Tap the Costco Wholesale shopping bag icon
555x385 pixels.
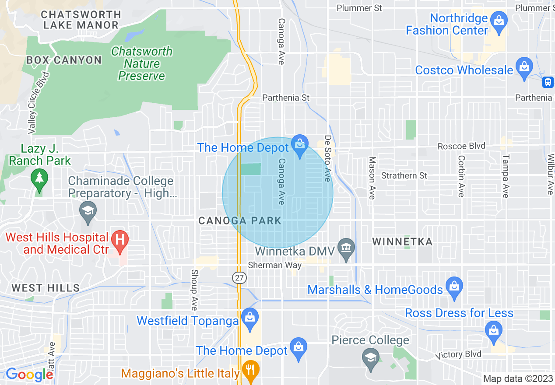(x=524, y=67)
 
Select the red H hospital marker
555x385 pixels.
(x=119, y=240)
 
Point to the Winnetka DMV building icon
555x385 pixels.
(x=346, y=248)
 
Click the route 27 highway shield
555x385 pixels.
(x=239, y=278)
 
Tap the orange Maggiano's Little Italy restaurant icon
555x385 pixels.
(x=250, y=371)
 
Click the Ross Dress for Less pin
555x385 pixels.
(x=494, y=330)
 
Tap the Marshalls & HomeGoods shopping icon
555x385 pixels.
(x=454, y=287)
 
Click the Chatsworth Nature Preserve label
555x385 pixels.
(x=142, y=64)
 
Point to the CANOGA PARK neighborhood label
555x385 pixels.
(x=240, y=220)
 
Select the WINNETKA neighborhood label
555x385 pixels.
(x=402, y=241)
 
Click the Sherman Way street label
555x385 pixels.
(x=274, y=265)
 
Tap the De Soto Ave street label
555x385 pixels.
(x=327, y=158)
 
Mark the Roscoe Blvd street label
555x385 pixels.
(x=461, y=146)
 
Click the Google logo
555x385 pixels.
(x=29, y=374)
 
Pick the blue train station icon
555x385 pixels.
(x=548, y=82)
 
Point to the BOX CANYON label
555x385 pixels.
(x=64, y=60)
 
